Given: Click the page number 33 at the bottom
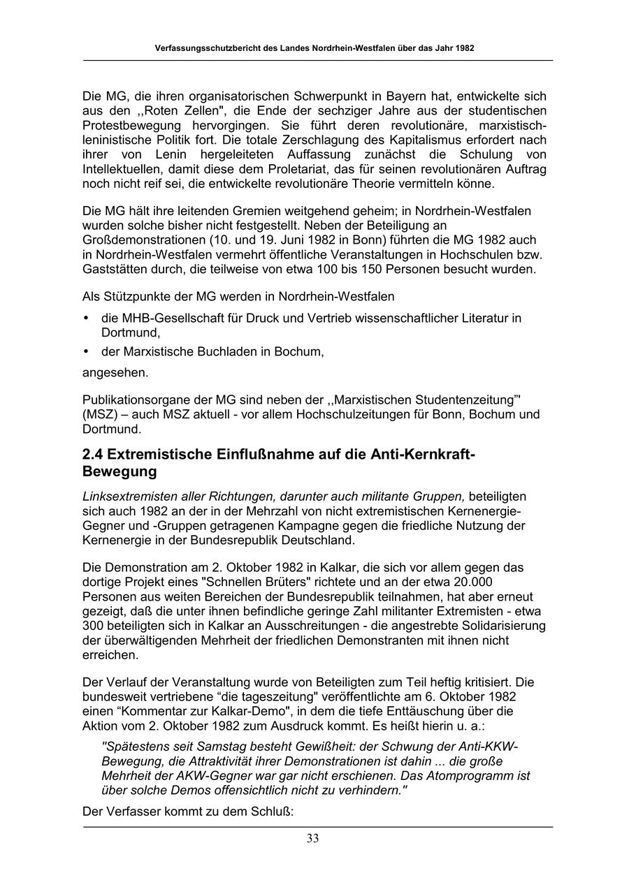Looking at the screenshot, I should [x=312, y=839].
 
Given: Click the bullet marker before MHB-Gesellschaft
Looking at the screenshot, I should [x=86, y=318].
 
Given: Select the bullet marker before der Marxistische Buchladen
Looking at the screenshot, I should [x=86, y=352].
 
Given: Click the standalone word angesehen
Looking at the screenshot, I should [x=115, y=373].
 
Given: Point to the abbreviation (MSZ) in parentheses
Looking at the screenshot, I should [x=99, y=415].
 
